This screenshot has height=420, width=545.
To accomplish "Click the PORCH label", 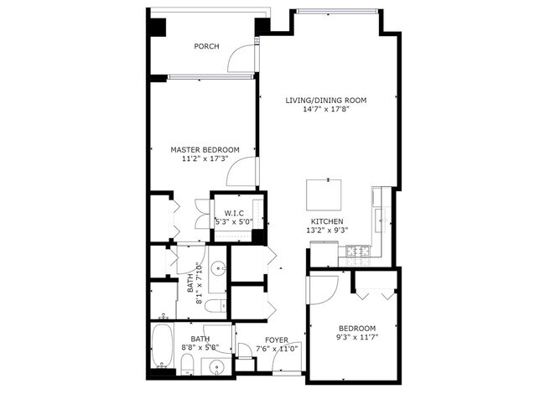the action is click(x=206, y=46).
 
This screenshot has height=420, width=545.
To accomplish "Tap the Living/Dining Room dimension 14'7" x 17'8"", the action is click(x=326, y=110).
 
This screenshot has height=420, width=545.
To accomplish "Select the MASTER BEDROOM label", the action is click(x=205, y=150).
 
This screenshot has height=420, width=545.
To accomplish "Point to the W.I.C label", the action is click(x=234, y=213).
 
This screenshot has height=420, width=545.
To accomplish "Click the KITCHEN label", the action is click(x=327, y=221).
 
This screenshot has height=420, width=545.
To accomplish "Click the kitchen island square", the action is click(x=324, y=194).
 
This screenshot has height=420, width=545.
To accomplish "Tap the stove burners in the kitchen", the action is click(x=359, y=250).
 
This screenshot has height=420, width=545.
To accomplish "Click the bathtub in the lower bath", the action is click(x=163, y=346).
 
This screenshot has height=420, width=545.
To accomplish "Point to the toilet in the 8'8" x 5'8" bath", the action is click(x=188, y=365).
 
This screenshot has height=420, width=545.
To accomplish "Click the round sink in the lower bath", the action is click(x=217, y=367).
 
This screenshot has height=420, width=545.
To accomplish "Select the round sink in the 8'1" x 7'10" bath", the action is click(x=219, y=268).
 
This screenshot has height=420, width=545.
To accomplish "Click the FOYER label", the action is click(x=277, y=340).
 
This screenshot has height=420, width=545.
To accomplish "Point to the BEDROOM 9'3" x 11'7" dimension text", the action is click(x=357, y=337).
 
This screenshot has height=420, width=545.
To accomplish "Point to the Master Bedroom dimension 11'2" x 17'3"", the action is click(x=205, y=159).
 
